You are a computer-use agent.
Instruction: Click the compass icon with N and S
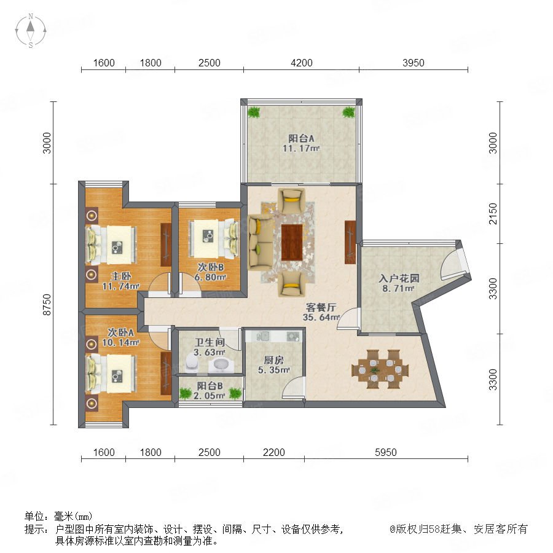(x=31, y=31)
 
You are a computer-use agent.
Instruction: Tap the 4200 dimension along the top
(x=302, y=63)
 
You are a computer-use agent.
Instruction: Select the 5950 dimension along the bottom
(x=385, y=452)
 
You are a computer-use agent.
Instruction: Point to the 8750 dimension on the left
(x=47, y=305)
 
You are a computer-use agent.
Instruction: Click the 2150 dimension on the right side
(x=493, y=214)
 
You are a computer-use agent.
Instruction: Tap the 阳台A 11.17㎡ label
(x=301, y=143)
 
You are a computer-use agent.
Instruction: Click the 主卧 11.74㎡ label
(x=121, y=281)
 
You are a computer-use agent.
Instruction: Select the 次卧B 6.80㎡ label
(x=210, y=272)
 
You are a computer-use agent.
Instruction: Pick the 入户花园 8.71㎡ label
(x=399, y=283)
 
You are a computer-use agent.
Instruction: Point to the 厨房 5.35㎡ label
(x=274, y=365)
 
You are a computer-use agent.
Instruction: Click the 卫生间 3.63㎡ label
(x=210, y=347)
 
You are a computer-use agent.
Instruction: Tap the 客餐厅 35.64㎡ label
(x=321, y=312)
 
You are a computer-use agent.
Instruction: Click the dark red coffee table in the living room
(x=292, y=242)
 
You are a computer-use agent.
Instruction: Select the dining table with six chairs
(x=380, y=369)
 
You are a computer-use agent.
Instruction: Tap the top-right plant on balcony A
(x=348, y=112)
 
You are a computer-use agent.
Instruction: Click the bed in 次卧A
(x=111, y=374)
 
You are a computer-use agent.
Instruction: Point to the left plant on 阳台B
(x=185, y=393)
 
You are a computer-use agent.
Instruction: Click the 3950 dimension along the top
(x=414, y=63)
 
